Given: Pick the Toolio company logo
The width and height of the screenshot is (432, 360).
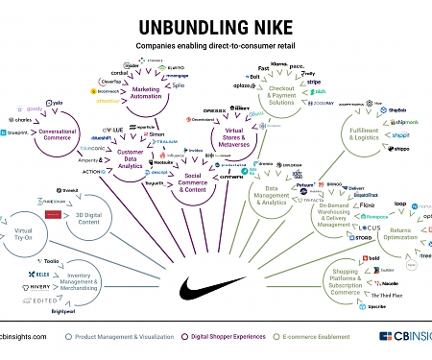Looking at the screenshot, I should coord(26,260).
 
